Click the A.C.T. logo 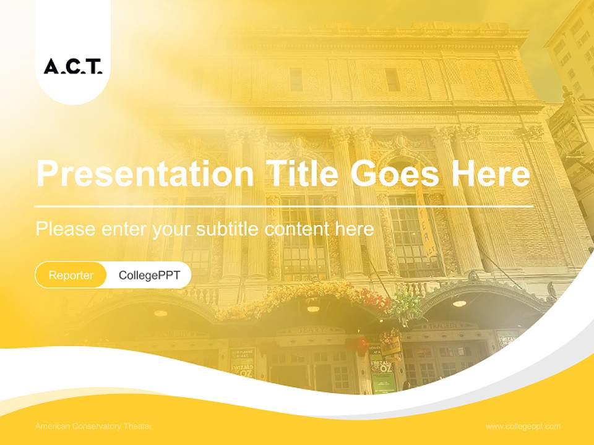tap(73, 66)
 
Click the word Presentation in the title tap(145, 174)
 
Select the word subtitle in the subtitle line tap(228, 229)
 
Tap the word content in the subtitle tap(298, 229)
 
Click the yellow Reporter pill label tap(71, 275)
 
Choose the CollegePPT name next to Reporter tap(149, 275)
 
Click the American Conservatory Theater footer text tap(93, 426)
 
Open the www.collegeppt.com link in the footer tap(523, 426)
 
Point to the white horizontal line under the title tap(285, 206)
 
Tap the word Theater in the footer tap(137, 426)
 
